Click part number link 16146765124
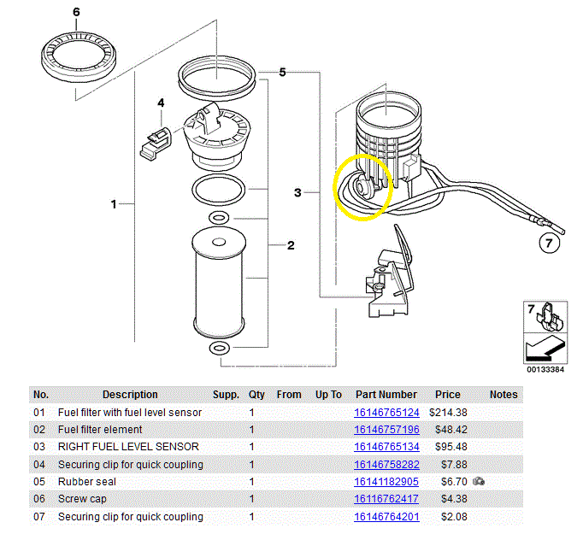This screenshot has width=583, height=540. coord(386,413)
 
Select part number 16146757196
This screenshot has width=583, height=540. coord(386,430)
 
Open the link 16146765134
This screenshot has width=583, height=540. coord(386,447)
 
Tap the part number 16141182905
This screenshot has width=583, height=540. coord(386,482)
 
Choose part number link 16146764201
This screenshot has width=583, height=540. coord(386,517)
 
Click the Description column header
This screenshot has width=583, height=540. coord(130,395)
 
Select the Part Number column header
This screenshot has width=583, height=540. coord(386,395)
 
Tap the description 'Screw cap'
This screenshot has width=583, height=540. coord(82,499)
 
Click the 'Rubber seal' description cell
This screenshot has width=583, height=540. coord(87,482)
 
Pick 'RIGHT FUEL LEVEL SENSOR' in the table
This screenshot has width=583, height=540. coord(128,447)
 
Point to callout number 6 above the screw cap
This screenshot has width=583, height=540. coord(76,12)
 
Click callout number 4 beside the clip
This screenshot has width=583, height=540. coord(160,103)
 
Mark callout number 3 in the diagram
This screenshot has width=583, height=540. coord(297,192)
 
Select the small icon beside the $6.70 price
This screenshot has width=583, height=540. coord(479,482)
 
